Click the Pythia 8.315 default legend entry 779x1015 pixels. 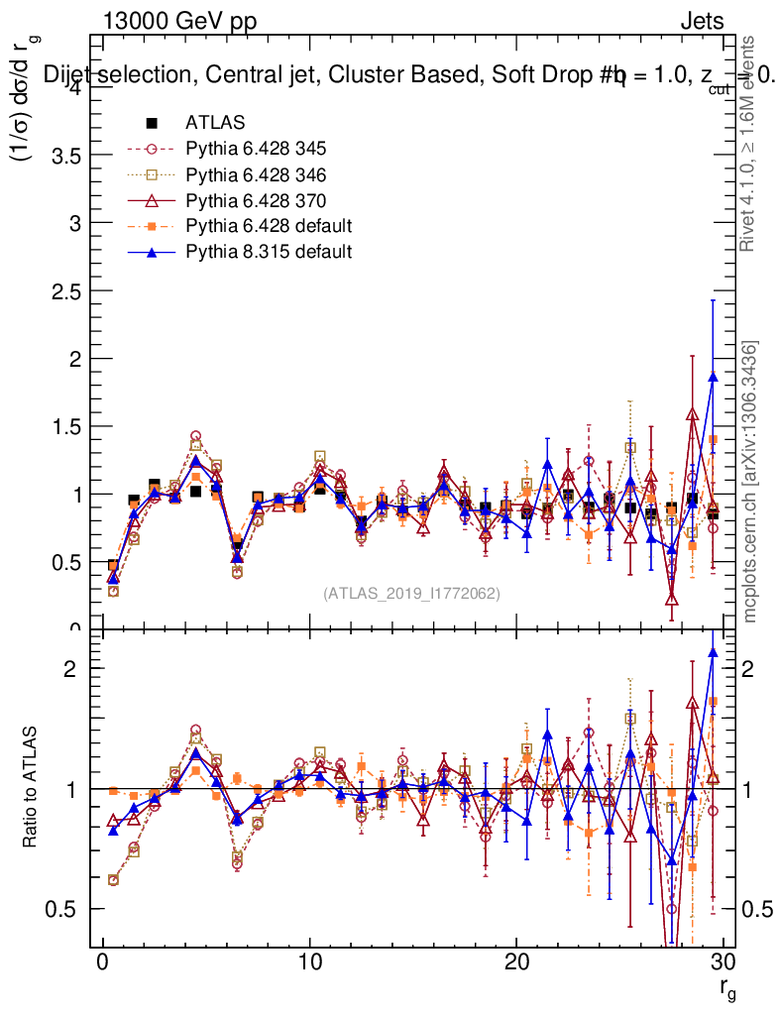269,252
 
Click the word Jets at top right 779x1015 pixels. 701,21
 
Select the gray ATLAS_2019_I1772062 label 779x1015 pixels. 411,594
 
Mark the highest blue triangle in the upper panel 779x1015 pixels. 713,377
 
